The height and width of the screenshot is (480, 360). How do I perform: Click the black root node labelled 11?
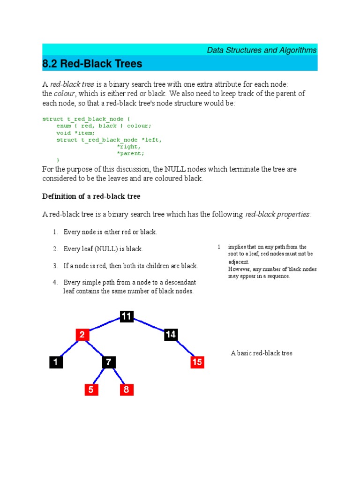126,317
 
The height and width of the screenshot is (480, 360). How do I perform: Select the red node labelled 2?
82,335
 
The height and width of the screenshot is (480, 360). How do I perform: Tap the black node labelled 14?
171,335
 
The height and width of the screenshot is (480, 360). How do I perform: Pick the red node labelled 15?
197,362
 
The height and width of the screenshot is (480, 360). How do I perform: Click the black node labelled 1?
56,362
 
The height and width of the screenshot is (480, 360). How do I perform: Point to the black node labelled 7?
108,362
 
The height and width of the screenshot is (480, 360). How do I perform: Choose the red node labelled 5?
91,389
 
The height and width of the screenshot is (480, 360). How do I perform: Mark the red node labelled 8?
126,389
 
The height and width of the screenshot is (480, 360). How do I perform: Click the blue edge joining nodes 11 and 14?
149,326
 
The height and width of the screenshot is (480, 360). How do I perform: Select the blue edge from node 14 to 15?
185,348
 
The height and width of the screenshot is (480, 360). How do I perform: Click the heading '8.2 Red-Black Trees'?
92,63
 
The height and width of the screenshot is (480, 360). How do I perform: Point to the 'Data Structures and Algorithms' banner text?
262,50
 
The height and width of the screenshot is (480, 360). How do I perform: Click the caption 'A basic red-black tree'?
262,353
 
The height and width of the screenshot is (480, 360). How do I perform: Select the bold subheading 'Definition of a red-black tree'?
91,196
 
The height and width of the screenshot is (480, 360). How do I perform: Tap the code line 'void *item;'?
75,133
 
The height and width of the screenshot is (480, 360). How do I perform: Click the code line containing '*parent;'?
131,153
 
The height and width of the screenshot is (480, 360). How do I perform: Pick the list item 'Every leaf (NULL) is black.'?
103,249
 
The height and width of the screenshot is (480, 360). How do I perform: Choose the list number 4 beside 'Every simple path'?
55,283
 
